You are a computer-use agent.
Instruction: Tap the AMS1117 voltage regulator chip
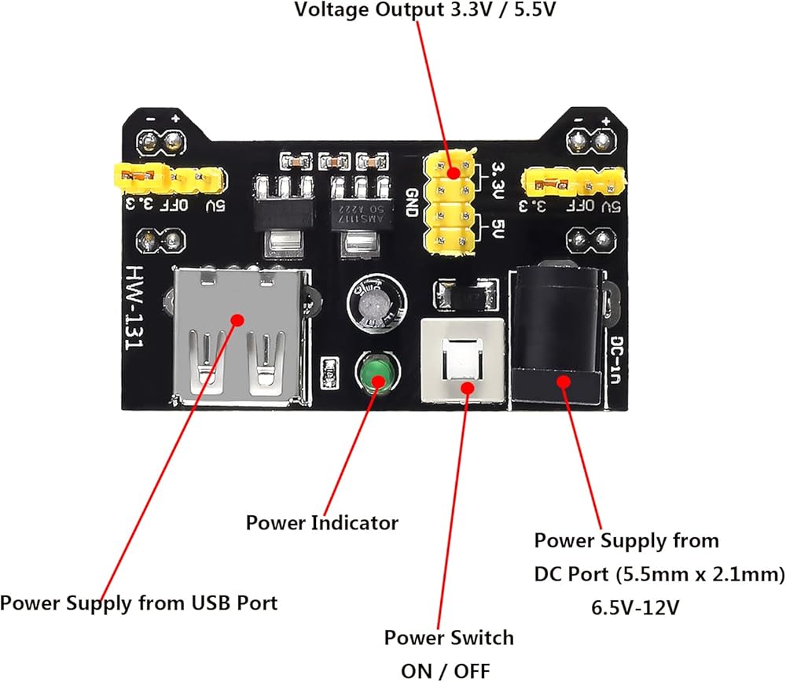(x=358, y=208)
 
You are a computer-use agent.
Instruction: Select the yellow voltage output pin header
(x=450, y=205)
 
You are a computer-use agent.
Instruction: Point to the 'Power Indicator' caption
(x=322, y=522)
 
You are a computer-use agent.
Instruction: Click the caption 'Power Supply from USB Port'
(x=139, y=603)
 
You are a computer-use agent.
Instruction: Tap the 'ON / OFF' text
(x=445, y=670)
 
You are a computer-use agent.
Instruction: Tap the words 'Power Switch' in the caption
(x=449, y=637)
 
